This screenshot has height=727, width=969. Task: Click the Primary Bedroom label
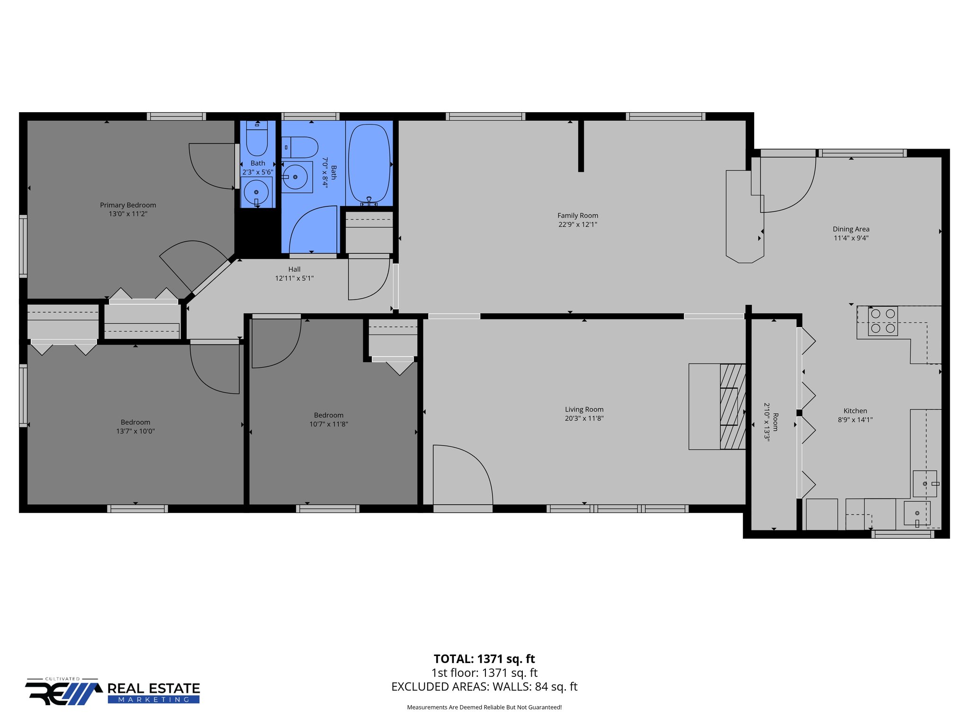coord(128,205)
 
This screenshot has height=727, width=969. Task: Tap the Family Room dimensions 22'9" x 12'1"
coord(578,224)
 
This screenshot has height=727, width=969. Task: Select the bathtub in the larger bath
coord(369,163)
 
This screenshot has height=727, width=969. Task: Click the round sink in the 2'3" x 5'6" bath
coord(256,192)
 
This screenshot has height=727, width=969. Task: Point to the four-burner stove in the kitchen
coord(883,321)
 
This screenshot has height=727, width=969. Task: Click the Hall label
coord(294,269)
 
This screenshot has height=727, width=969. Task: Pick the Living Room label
coord(584,409)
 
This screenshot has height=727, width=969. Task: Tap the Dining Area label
coord(851,229)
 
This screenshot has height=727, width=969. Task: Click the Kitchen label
coord(855,411)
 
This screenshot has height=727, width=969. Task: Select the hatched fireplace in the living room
coord(732,407)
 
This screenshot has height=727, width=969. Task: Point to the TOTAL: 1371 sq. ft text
coord(484,659)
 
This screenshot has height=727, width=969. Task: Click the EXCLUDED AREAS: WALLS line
coord(484,687)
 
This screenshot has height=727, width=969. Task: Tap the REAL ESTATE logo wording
coord(154,688)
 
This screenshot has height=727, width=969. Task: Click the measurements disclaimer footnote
coord(484,708)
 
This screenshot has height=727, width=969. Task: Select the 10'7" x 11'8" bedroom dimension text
coord(329,424)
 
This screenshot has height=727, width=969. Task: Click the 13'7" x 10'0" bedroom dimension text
coord(135,431)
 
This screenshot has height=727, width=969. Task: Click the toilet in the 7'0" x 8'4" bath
coord(300,147)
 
